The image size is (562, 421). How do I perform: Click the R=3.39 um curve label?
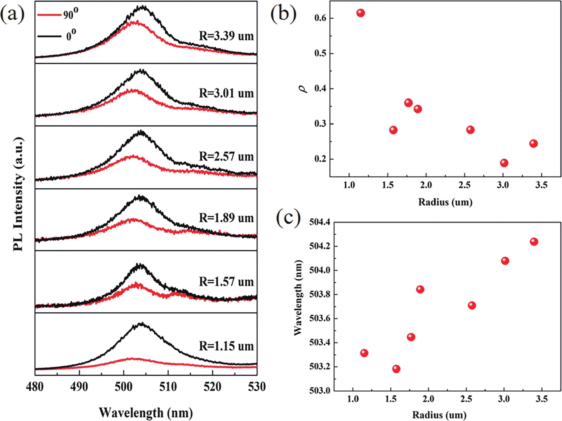(226, 36)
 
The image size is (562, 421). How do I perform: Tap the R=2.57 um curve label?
(226, 157)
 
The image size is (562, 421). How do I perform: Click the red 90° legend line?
(49, 15)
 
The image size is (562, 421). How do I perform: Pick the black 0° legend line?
(49, 36)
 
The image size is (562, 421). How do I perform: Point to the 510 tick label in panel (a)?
(168, 387)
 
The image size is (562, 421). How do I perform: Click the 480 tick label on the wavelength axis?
(35, 387)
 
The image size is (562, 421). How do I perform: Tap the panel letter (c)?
(288, 218)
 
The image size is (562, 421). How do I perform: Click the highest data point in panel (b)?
(361, 13)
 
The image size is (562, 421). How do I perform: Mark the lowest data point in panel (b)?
(504, 163)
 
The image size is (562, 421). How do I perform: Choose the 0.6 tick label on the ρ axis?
(320, 18)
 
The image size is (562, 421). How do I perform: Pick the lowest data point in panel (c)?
(396, 369)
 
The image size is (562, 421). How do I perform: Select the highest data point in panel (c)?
(534, 241)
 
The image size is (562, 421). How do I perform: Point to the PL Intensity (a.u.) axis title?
(18, 194)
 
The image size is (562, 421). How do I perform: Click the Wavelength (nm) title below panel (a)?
(146, 412)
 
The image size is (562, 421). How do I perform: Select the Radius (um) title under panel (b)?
(445, 202)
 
